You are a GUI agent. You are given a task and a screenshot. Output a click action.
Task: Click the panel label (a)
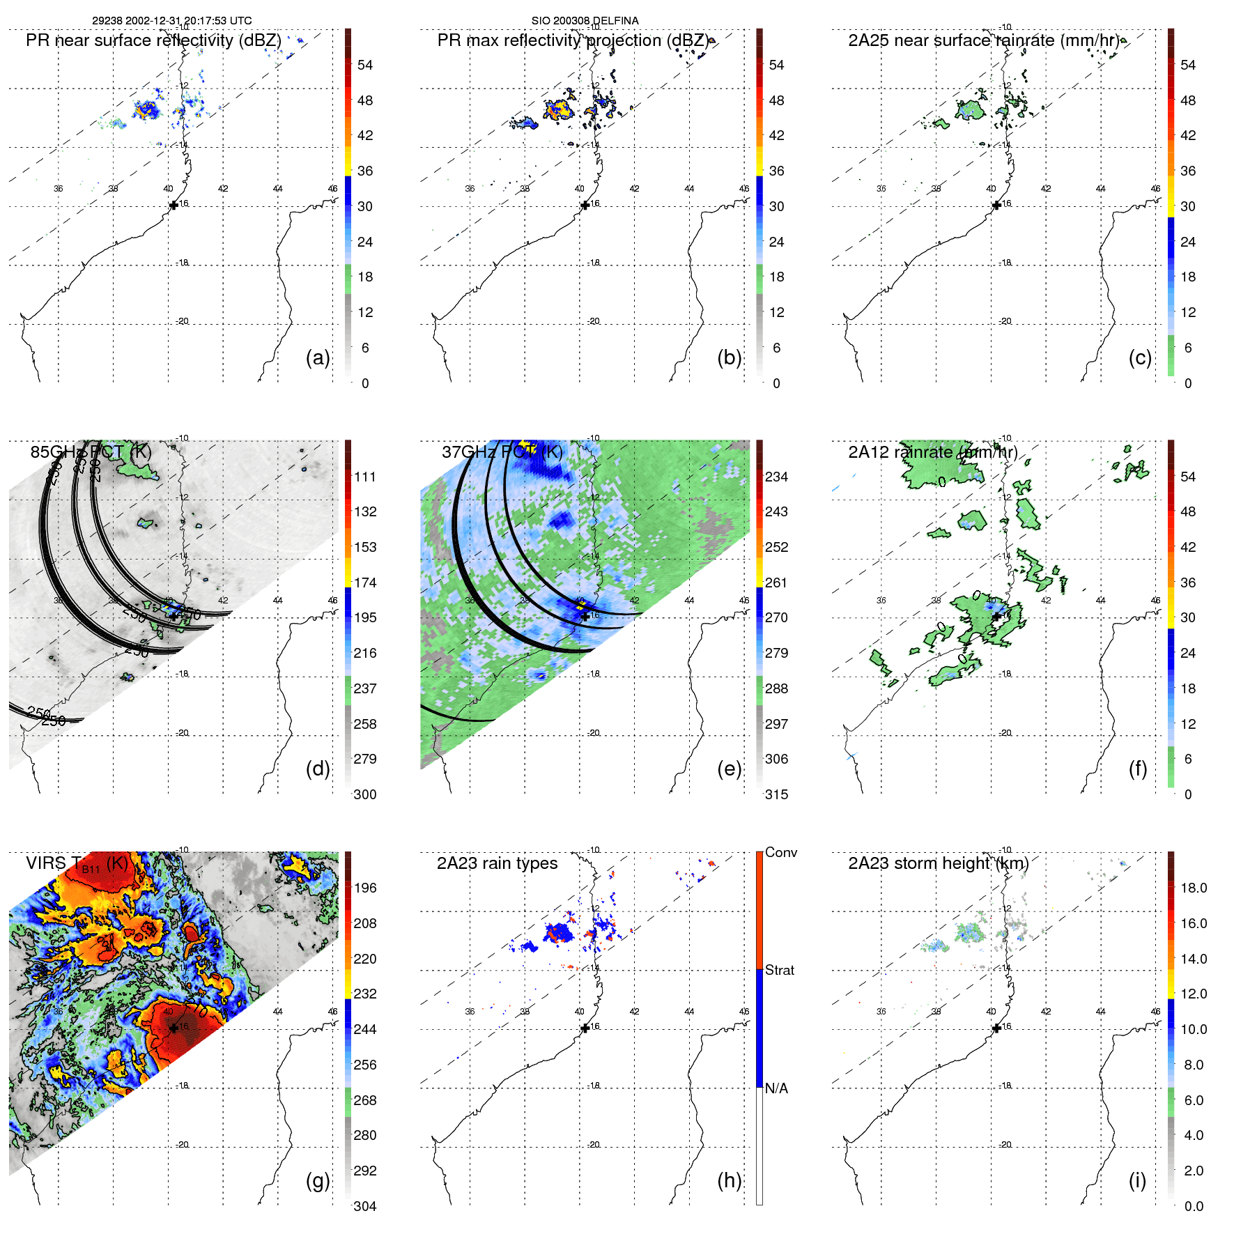click(318, 358)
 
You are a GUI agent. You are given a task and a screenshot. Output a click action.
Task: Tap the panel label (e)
click(729, 769)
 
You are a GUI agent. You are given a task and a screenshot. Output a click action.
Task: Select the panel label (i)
click(1137, 1180)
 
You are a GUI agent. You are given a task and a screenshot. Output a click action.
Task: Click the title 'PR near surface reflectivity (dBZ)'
click(153, 40)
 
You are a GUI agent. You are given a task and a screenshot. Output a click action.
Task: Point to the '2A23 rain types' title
click(497, 863)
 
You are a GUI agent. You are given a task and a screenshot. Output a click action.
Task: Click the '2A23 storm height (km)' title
click(938, 863)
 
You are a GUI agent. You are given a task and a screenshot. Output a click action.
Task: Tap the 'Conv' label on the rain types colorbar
click(780, 852)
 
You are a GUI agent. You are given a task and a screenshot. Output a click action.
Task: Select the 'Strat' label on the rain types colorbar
click(779, 970)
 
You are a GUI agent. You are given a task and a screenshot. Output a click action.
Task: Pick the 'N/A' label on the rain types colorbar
click(776, 1088)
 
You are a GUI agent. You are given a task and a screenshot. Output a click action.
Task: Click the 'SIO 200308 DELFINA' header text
click(585, 21)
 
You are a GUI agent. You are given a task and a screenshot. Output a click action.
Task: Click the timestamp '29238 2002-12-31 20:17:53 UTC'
click(172, 21)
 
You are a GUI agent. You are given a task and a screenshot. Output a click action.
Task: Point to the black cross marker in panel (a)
click(173, 206)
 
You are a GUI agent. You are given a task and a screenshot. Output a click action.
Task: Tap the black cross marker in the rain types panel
click(585, 1028)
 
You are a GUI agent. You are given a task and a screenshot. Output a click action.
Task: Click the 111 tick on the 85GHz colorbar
click(365, 477)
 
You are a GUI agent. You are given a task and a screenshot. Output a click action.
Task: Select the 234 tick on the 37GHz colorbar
click(776, 477)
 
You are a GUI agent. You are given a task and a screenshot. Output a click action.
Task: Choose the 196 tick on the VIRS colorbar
click(365, 888)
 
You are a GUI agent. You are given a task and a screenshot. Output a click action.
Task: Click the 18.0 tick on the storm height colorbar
click(1193, 888)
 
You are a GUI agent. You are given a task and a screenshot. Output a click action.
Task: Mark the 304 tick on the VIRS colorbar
click(365, 1206)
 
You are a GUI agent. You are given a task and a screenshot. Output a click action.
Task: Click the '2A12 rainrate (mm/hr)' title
click(932, 452)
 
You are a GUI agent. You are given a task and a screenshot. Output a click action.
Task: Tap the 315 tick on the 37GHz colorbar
click(776, 794)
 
